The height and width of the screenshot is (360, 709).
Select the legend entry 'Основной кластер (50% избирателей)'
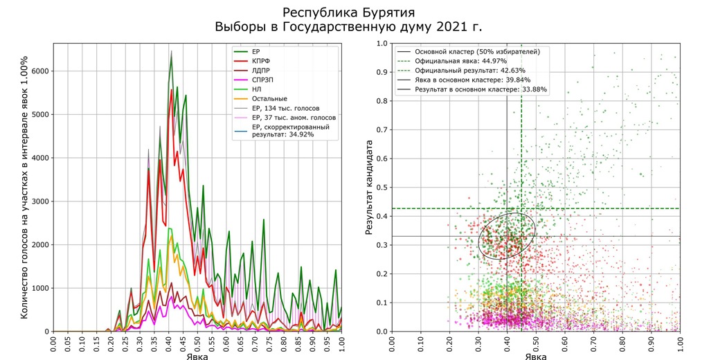pos(476,52)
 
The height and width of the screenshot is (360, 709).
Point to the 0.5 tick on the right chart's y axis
pos(381,188)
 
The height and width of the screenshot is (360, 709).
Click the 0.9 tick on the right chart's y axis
pos(381,73)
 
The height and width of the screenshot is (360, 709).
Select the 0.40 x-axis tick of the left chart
pos(169,345)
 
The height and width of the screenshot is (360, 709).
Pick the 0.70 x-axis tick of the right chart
pos(593,345)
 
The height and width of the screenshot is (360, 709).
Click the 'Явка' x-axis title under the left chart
pos(197,356)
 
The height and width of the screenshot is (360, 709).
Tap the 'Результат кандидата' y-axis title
pos(370,188)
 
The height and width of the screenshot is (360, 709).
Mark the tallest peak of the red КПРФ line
pos(171,89)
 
